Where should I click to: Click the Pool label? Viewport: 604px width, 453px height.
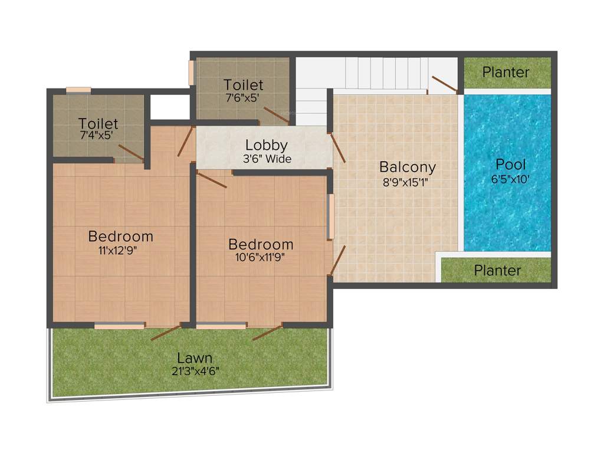pyautogui.click(x=510, y=165)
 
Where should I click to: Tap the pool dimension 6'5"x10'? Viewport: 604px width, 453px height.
pyautogui.click(x=510, y=179)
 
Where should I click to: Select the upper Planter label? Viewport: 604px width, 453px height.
pyautogui.click(x=505, y=72)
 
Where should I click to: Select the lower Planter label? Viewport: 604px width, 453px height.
pyautogui.click(x=497, y=271)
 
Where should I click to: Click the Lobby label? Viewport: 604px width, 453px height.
pyautogui.click(x=267, y=145)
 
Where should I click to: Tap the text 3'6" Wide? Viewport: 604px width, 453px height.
pyautogui.click(x=267, y=159)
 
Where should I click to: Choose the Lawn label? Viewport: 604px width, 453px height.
pyautogui.click(x=195, y=358)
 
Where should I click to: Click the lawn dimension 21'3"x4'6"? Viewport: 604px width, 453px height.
pyautogui.click(x=195, y=371)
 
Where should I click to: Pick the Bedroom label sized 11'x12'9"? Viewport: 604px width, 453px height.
pyautogui.click(x=120, y=237)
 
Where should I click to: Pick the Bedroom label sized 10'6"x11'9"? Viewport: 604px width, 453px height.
pyautogui.click(x=261, y=244)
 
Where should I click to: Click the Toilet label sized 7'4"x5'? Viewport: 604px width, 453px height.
pyautogui.click(x=99, y=124)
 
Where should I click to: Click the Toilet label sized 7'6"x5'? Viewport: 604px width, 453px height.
pyautogui.click(x=244, y=85)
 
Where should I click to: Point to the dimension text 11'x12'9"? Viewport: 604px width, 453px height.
pyautogui.click(x=120, y=250)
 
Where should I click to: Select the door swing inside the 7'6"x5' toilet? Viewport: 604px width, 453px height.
pyautogui.click(x=275, y=115)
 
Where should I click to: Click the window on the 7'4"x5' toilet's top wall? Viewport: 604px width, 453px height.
pyautogui.click(x=78, y=90)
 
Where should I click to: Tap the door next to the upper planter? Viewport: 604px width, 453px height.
pyautogui.click(x=444, y=84)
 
